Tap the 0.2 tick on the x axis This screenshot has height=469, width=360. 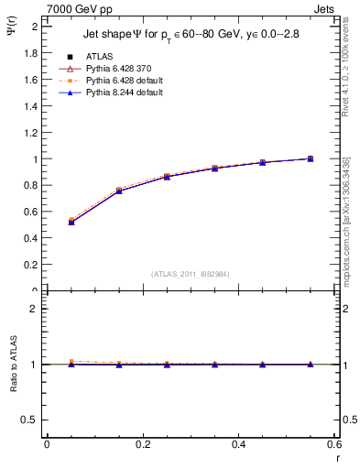point(142,444)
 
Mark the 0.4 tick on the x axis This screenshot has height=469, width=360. point(238,444)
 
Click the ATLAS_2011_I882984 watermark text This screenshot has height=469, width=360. point(190,273)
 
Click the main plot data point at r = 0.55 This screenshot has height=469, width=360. point(310,158)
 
